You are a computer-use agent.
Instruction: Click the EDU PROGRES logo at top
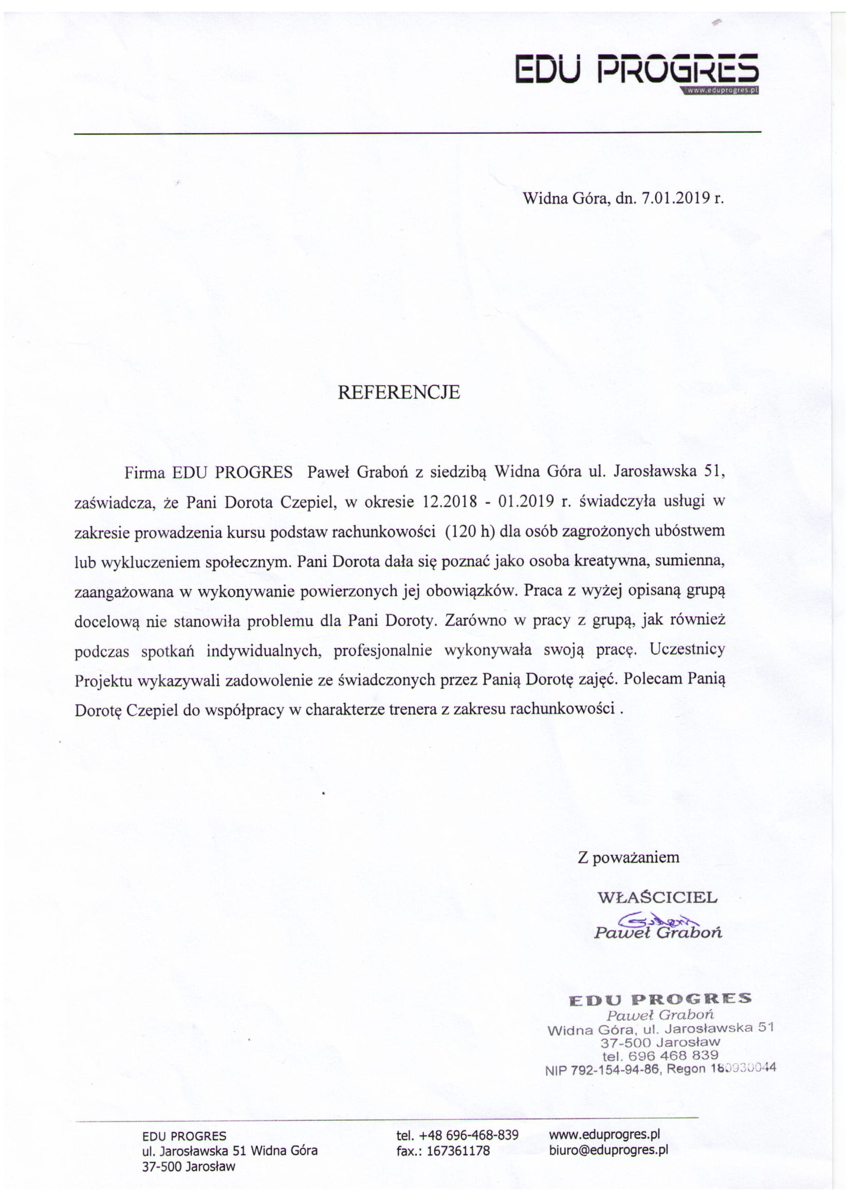pyautogui.click(x=636, y=68)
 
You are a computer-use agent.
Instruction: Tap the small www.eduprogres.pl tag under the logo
pyautogui.click(x=721, y=90)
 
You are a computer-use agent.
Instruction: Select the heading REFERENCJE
pyautogui.click(x=398, y=393)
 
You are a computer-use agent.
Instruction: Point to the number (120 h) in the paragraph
pyautogui.click(x=470, y=531)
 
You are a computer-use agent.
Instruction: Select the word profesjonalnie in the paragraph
pyautogui.click(x=383, y=650)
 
